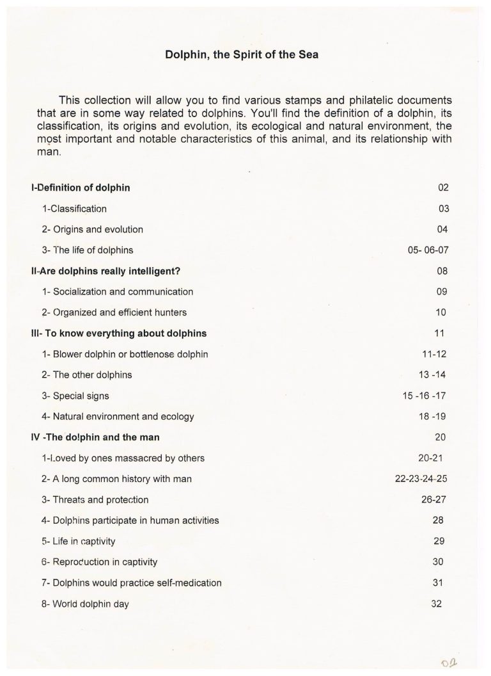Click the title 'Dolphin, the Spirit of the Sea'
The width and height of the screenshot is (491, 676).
[242, 55]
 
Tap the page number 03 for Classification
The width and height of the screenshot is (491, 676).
[444, 209]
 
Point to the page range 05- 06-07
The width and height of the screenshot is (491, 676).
[428, 250]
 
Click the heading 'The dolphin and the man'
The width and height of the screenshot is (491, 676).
[95, 437]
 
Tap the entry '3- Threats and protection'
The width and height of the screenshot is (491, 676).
[95, 499]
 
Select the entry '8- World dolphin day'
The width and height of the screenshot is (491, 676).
[85, 604]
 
